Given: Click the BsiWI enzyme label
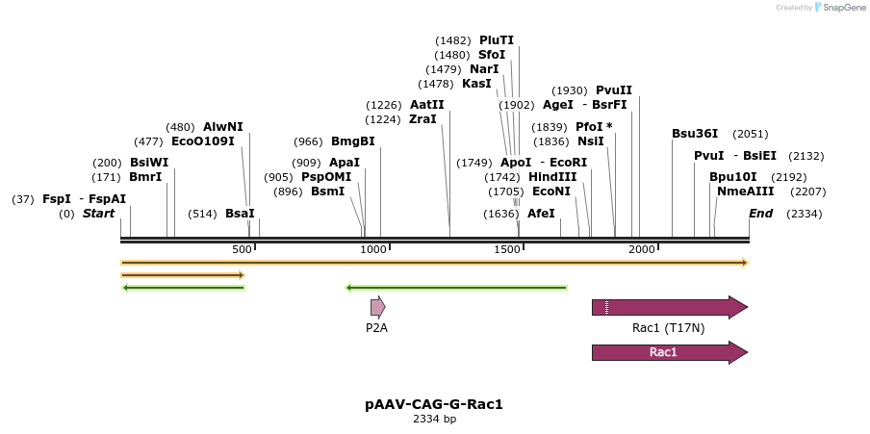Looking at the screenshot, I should click(x=149, y=163).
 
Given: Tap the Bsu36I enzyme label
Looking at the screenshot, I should click(x=694, y=134).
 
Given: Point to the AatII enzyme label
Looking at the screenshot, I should click(x=427, y=105).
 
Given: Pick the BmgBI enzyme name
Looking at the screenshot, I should click(x=353, y=141).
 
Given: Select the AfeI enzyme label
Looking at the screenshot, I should click(x=541, y=214).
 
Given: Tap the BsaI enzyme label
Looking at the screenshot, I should click(x=240, y=214).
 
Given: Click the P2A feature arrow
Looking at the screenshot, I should click(x=377, y=308).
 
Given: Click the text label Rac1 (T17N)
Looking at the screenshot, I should click(x=668, y=328).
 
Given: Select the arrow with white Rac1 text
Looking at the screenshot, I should click(x=669, y=352).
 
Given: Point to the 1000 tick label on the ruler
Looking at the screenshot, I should click(x=374, y=250).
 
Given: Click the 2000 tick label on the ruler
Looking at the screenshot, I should click(x=642, y=250).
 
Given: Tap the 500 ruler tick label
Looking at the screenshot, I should click(x=242, y=250).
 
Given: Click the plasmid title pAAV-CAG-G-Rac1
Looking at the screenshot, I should click(x=434, y=404).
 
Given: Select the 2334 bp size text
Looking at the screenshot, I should click(x=434, y=419).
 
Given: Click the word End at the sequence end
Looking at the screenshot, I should click(x=760, y=214).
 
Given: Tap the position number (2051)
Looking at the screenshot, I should click(x=751, y=134).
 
